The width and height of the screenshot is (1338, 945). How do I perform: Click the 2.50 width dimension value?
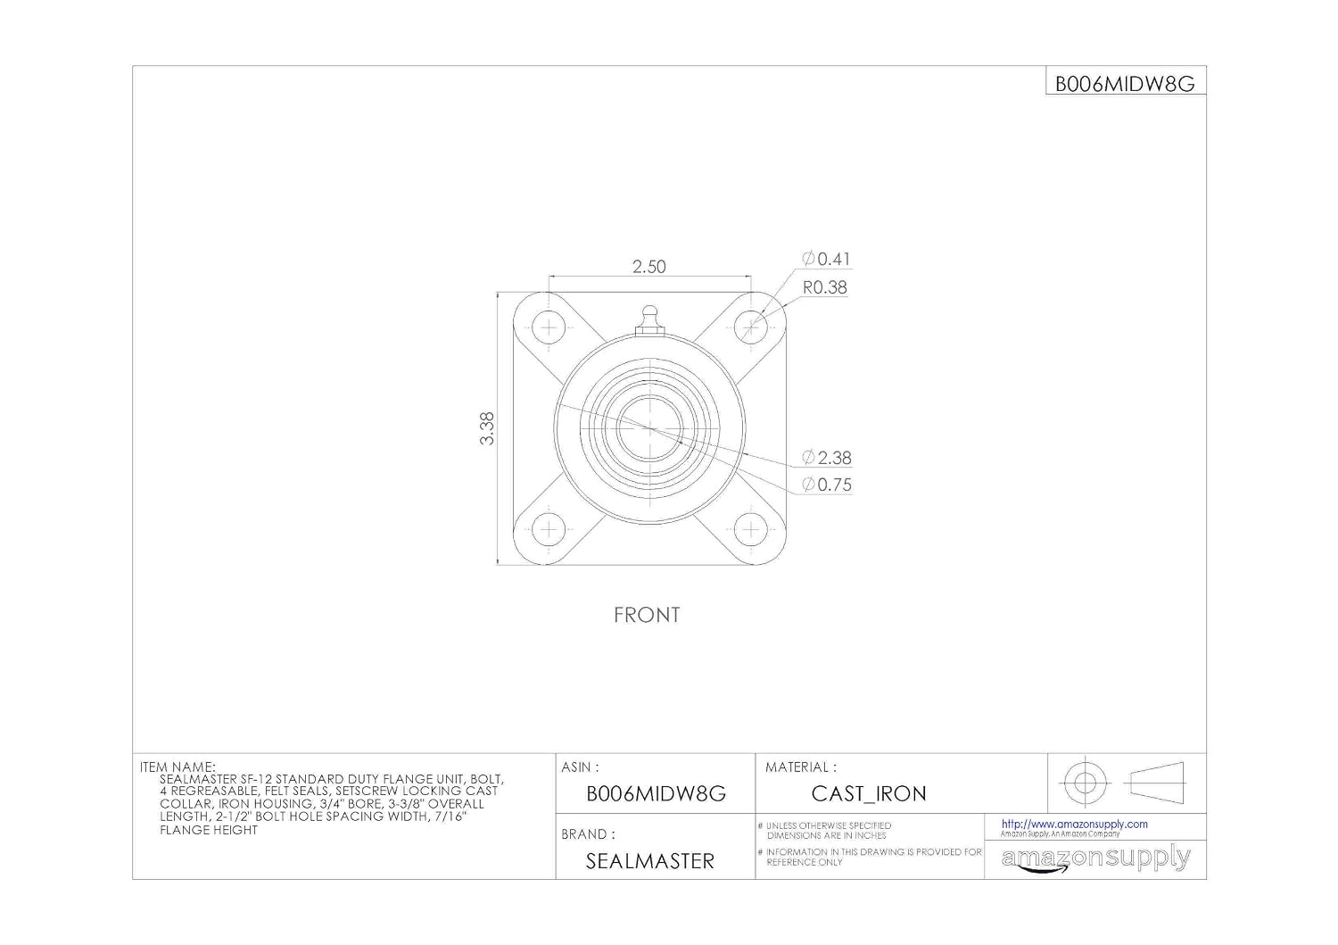click(648, 267)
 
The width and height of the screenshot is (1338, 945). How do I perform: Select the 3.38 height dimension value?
click(487, 428)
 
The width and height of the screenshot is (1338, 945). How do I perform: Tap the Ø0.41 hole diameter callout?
click(826, 259)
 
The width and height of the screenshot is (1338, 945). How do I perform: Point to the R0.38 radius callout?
click(825, 287)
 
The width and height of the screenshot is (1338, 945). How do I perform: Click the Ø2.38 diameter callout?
click(827, 458)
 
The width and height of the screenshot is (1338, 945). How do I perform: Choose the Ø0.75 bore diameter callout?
click(827, 485)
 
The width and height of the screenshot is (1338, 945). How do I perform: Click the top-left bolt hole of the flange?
click(549, 327)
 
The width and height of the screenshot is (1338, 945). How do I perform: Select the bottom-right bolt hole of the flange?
click(751, 530)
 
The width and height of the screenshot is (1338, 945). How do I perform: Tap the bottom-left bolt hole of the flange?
click(549, 530)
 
